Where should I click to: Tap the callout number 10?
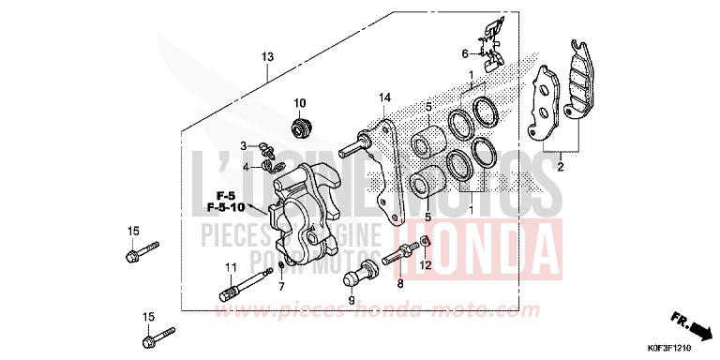[300, 102]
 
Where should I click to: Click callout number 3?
[243, 146]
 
